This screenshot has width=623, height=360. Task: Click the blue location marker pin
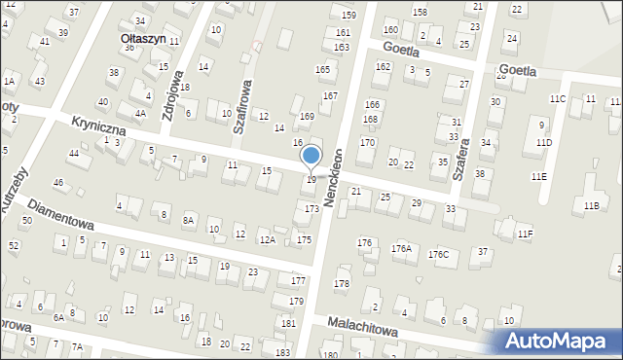(x=311, y=156)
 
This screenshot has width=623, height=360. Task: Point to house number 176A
(x=402, y=248)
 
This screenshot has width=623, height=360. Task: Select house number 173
(x=311, y=209)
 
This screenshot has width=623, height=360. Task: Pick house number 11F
(x=525, y=234)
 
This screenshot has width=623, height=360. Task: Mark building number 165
(x=322, y=70)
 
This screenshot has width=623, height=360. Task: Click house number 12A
(x=267, y=239)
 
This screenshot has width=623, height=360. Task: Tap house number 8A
(x=189, y=221)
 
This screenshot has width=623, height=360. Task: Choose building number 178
(x=342, y=283)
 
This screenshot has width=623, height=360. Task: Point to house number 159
(x=348, y=16)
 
